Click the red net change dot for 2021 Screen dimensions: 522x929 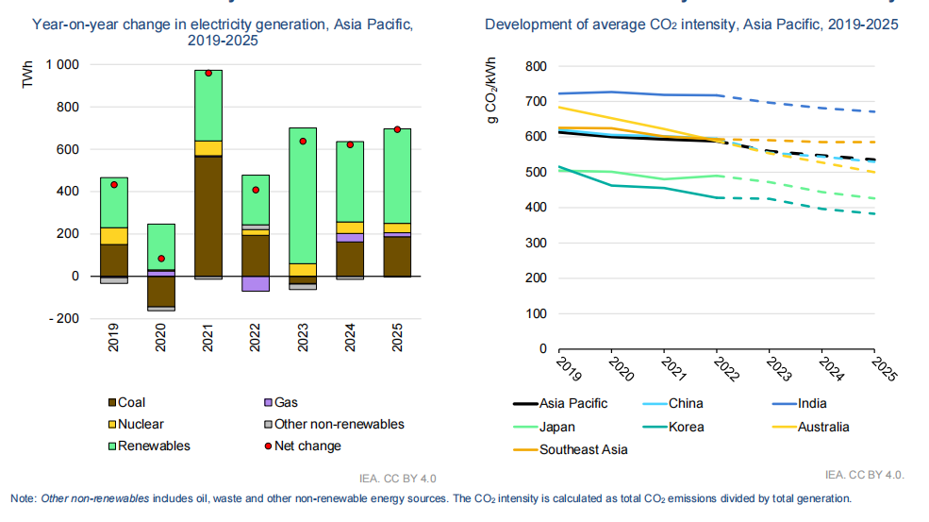208,73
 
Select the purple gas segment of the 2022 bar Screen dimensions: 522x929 256,283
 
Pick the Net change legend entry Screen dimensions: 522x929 311,446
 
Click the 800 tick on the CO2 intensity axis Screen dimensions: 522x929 536,66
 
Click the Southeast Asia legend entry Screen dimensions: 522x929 583,449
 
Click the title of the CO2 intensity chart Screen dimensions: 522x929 691,24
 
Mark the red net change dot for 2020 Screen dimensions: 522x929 161,259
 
